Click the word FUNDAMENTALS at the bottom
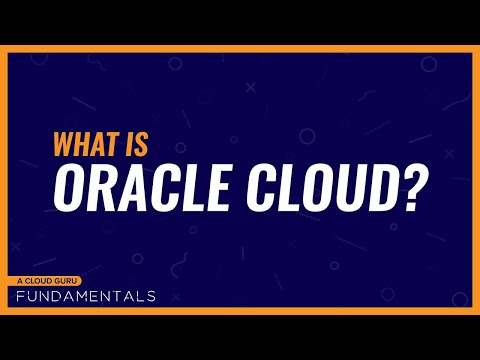coord(85,297)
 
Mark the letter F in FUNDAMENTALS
coord(21,297)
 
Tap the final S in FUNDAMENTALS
coord(150,297)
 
